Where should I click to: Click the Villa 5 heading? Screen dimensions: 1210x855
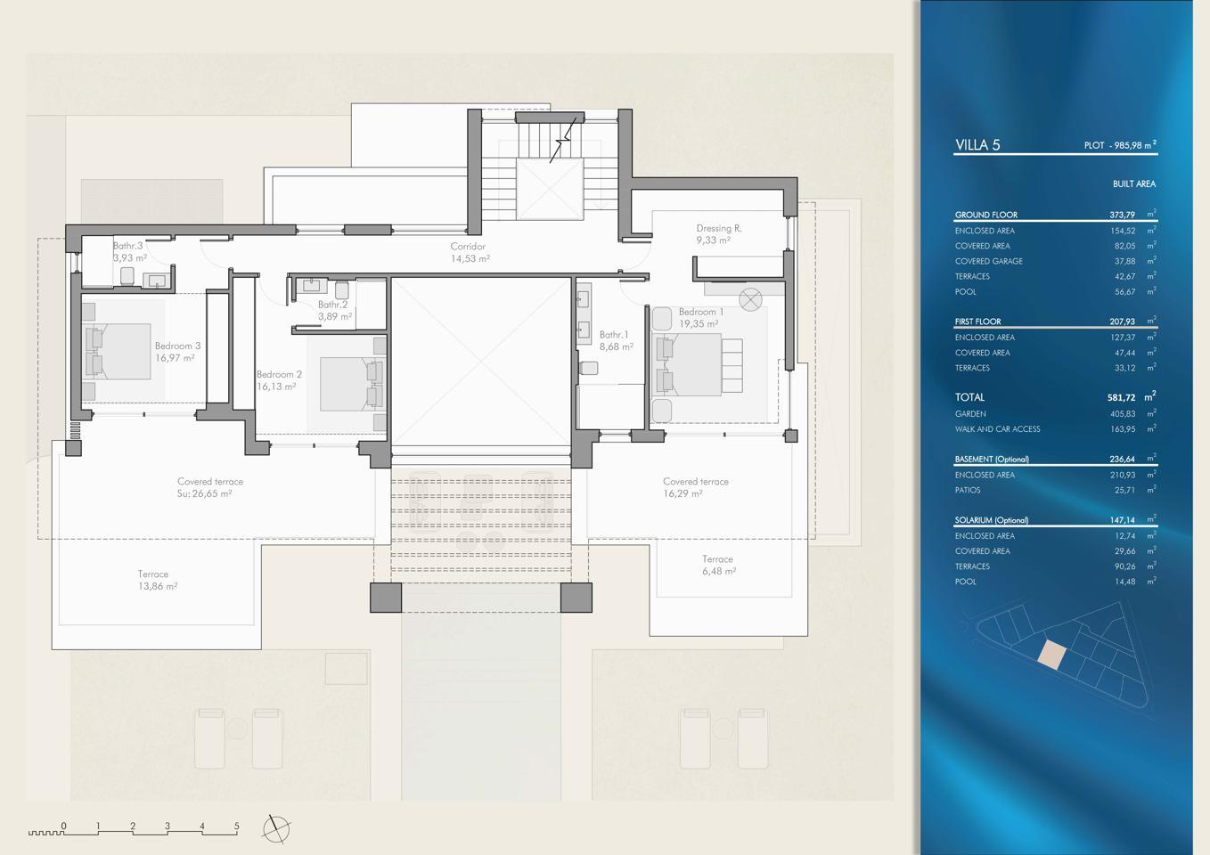tap(977, 144)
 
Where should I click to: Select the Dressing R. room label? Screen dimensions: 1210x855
tap(718, 228)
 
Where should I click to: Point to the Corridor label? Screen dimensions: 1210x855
tap(468, 246)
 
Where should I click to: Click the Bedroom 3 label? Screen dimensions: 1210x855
tap(177, 346)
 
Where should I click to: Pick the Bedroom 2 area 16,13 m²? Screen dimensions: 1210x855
tap(276, 387)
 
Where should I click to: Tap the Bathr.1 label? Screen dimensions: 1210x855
tap(614, 335)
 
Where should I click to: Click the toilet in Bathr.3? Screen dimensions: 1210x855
tap(127, 276)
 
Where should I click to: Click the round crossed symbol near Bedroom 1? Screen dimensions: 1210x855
tap(750, 299)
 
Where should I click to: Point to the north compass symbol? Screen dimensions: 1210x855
tap(276, 829)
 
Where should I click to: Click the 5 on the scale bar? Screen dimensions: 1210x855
tap(237, 826)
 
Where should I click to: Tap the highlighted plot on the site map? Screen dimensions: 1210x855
tap(1051, 655)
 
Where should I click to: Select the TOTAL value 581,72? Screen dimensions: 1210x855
tap(1122, 397)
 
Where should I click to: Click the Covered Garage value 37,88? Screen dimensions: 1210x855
tap(1124, 261)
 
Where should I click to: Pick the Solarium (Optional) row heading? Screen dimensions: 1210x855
tap(991, 520)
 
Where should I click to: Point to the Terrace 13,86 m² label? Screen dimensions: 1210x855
tap(157, 581)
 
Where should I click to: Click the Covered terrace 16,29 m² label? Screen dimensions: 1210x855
tap(696, 487)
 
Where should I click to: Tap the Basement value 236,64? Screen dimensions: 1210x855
tap(1122, 460)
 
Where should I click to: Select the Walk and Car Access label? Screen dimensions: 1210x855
tap(997, 429)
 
